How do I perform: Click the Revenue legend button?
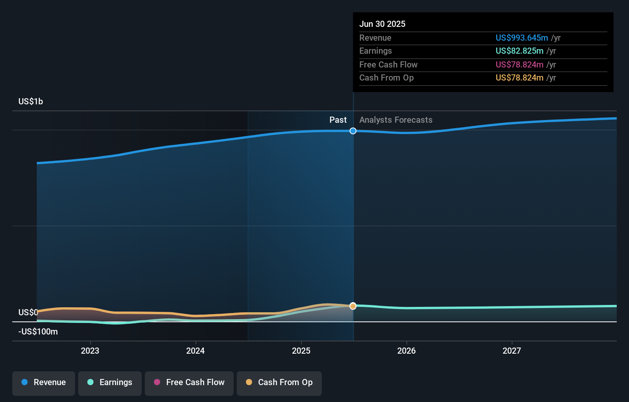(44, 383)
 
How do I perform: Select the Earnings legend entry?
(110, 383)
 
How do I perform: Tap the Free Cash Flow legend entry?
(189, 383)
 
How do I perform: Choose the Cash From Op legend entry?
(279, 383)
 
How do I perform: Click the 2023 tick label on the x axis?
(90, 351)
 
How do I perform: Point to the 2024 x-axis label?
(195, 351)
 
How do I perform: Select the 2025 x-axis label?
(301, 351)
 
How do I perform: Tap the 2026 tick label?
(406, 351)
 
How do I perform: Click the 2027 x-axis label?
(512, 351)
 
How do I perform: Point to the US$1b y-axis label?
(31, 101)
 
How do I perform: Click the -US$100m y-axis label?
(38, 331)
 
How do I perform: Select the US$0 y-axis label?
(28, 312)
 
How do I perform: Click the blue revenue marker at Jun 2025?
(353, 131)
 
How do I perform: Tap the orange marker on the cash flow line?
(353, 306)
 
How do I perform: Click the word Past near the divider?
(338, 120)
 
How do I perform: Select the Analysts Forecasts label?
(396, 120)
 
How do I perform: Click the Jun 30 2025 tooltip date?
(382, 24)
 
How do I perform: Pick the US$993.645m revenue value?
(521, 38)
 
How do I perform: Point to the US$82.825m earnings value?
(519, 51)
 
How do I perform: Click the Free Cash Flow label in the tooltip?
(388, 64)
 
